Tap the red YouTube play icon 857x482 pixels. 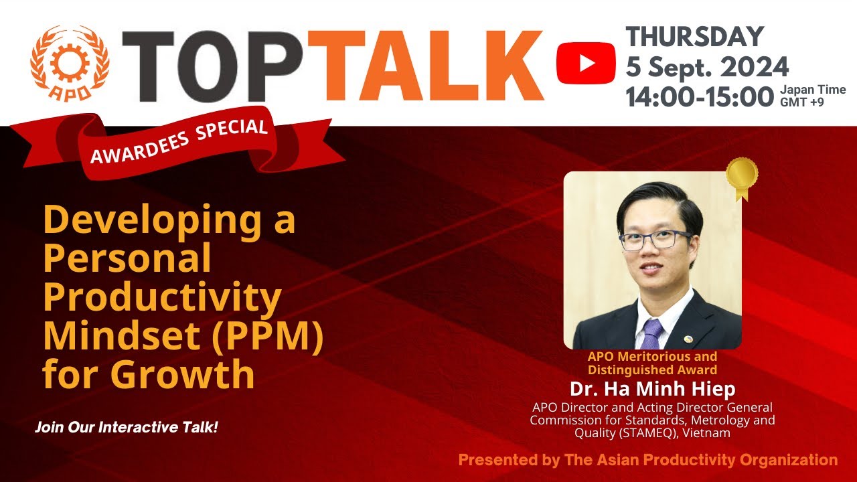coord(586,63)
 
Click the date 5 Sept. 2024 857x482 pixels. coord(707,66)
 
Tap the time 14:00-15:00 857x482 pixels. coord(700,97)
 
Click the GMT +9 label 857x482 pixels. coord(801,102)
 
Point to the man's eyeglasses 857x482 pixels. coord(655,239)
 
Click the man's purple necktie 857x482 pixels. coord(650,333)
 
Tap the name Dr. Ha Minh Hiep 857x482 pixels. coord(652,389)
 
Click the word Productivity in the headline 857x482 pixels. coord(162,296)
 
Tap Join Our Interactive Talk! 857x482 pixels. coord(127,427)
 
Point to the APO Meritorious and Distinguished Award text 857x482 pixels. coord(652,363)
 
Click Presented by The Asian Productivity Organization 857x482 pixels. coord(647,460)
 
